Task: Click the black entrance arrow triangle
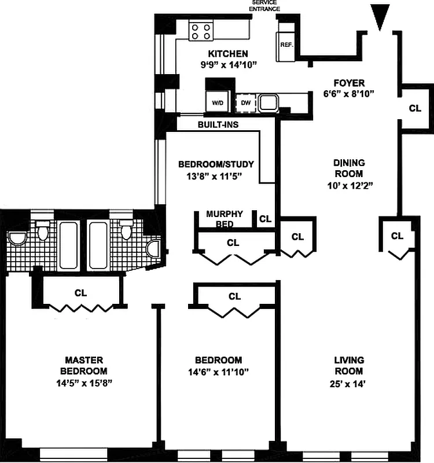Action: click(x=380, y=16)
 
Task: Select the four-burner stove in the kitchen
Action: click(x=201, y=30)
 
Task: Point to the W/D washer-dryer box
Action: click(x=218, y=102)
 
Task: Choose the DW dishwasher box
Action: click(x=245, y=102)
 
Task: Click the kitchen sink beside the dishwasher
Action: click(x=267, y=102)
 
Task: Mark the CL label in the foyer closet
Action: click(x=415, y=108)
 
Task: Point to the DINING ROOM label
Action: click(x=348, y=168)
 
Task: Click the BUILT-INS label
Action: click(x=219, y=124)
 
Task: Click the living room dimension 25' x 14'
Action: click(x=348, y=383)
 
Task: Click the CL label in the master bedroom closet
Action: click(x=80, y=293)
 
